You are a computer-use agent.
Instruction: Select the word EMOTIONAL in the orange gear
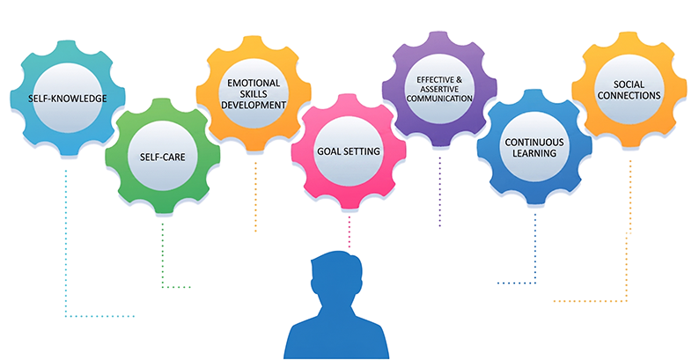[255, 80]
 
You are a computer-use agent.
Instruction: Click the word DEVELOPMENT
[255, 105]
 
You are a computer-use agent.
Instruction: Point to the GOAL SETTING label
[349, 151]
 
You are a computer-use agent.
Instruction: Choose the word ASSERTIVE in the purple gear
[438, 89]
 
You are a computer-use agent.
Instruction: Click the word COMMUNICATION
[438, 99]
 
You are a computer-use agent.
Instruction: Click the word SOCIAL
[629, 84]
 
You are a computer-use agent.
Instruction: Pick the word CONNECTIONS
[629, 96]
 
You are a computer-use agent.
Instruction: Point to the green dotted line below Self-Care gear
[163, 255]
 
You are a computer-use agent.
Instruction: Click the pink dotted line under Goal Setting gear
[349, 231]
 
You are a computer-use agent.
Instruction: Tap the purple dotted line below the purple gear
[438, 202]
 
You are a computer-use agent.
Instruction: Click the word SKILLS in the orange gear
[255, 92]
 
